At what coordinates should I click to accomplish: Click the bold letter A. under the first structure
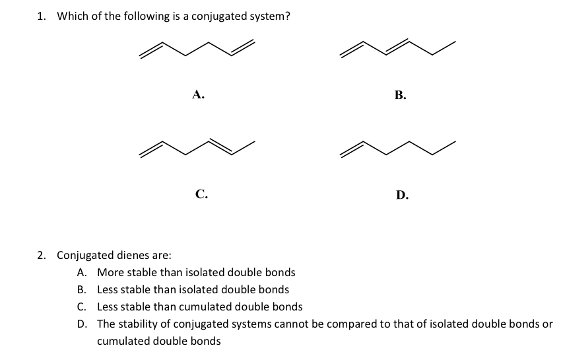click(198, 94)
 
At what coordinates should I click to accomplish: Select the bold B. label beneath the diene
click(401, 95)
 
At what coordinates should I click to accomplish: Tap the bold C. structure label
click(201, 194)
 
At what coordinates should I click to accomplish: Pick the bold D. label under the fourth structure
click(402, 195)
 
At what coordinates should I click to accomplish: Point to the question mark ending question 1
click(287, 16)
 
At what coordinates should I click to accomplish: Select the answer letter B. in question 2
click(82, 289)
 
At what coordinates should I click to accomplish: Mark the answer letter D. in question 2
click(83, 324)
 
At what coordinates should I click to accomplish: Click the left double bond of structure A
click(151, 50)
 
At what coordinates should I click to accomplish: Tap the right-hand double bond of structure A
click(243, 48)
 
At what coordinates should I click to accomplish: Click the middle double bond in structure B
click(397, 47)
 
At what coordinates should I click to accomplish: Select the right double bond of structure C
click(221, 147)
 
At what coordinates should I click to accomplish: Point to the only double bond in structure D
click(352, 149)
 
